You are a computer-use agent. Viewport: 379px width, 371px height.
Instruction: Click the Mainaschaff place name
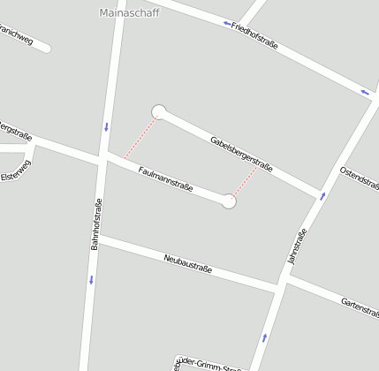125,12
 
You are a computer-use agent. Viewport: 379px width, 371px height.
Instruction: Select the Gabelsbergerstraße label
241,154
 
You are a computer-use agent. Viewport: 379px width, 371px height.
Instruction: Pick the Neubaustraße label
188,262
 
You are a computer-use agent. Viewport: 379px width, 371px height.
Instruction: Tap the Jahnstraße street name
297,246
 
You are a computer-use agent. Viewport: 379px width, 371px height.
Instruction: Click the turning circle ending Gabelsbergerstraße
159,111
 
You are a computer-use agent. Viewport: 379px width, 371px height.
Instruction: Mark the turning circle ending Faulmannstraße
230,201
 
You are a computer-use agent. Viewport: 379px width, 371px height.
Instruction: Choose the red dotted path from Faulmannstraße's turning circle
245,183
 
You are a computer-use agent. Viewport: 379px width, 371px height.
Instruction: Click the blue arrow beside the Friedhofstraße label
227,23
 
